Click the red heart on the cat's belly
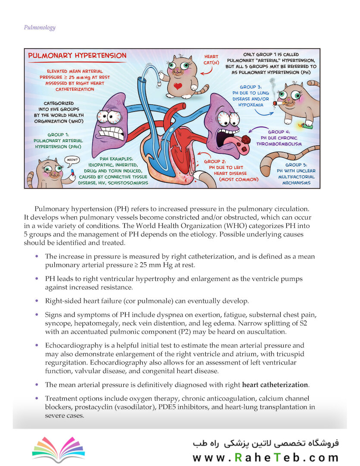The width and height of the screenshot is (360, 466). click(x=177, y=86)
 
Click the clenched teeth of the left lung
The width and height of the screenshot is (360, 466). click(x=108, y=131)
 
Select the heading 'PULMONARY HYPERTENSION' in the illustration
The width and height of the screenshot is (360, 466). click(x=77, y=56)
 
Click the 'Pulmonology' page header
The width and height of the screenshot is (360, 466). click(x=39, y=28)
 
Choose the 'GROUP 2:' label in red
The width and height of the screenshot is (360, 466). click(x=222, y=162)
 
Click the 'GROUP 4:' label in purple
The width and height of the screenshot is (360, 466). click(x=279, y=132)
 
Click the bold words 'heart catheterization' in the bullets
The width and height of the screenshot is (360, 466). click(x=275, y=385)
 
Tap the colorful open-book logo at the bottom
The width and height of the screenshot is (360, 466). click(x=58, y=450)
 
